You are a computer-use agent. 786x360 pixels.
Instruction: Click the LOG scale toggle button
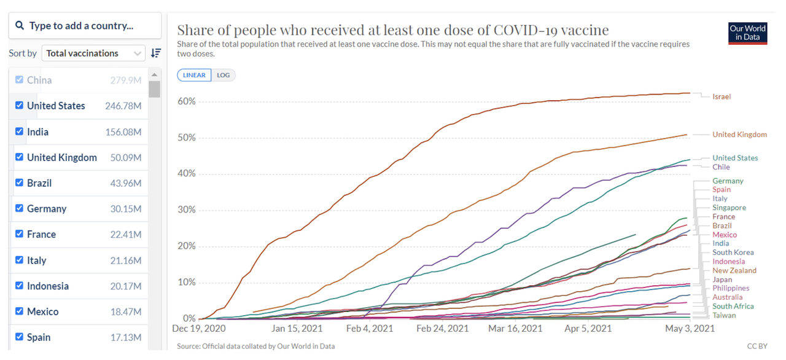pyautogui.click(x=223, y=75)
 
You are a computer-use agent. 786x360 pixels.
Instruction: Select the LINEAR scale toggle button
pyautogui.click(x=194, y=75)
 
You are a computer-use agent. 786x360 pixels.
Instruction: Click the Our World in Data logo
pyautogui.click(x=747, y=33)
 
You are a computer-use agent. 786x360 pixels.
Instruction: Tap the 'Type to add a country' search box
pyautogui.click(x=85, y=26)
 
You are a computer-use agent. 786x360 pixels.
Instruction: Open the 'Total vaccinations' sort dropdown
pyautogui.click(x=93, y=53)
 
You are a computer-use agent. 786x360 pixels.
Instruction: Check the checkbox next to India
pyautogui.click(x=20, y=131)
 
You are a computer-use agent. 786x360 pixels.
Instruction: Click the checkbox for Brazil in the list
pyautogui.click(x=20, y=183)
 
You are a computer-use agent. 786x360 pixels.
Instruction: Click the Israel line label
pyautogui.click(x=722, y=96)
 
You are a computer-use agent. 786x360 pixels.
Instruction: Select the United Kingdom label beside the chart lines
pyautogui.click(x=739, y=135)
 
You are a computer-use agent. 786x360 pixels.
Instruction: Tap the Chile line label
pyautogui.click(x=721, y=167)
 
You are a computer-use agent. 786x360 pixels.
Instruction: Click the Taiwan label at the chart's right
pyautogui.click(x=724, y=315)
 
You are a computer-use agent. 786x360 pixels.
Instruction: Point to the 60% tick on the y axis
pyautogui.click(x=186, y=101)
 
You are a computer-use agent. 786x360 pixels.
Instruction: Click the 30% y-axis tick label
pyautogui.click(x=186, y=210)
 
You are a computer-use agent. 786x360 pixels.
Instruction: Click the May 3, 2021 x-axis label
pyautogui.click(x=690, y=329)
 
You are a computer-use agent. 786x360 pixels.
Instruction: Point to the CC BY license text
pyautogui.click(x=757, y=346)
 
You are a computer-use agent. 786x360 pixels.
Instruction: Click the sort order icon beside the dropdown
pyautogui.click(x=156, y=53)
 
